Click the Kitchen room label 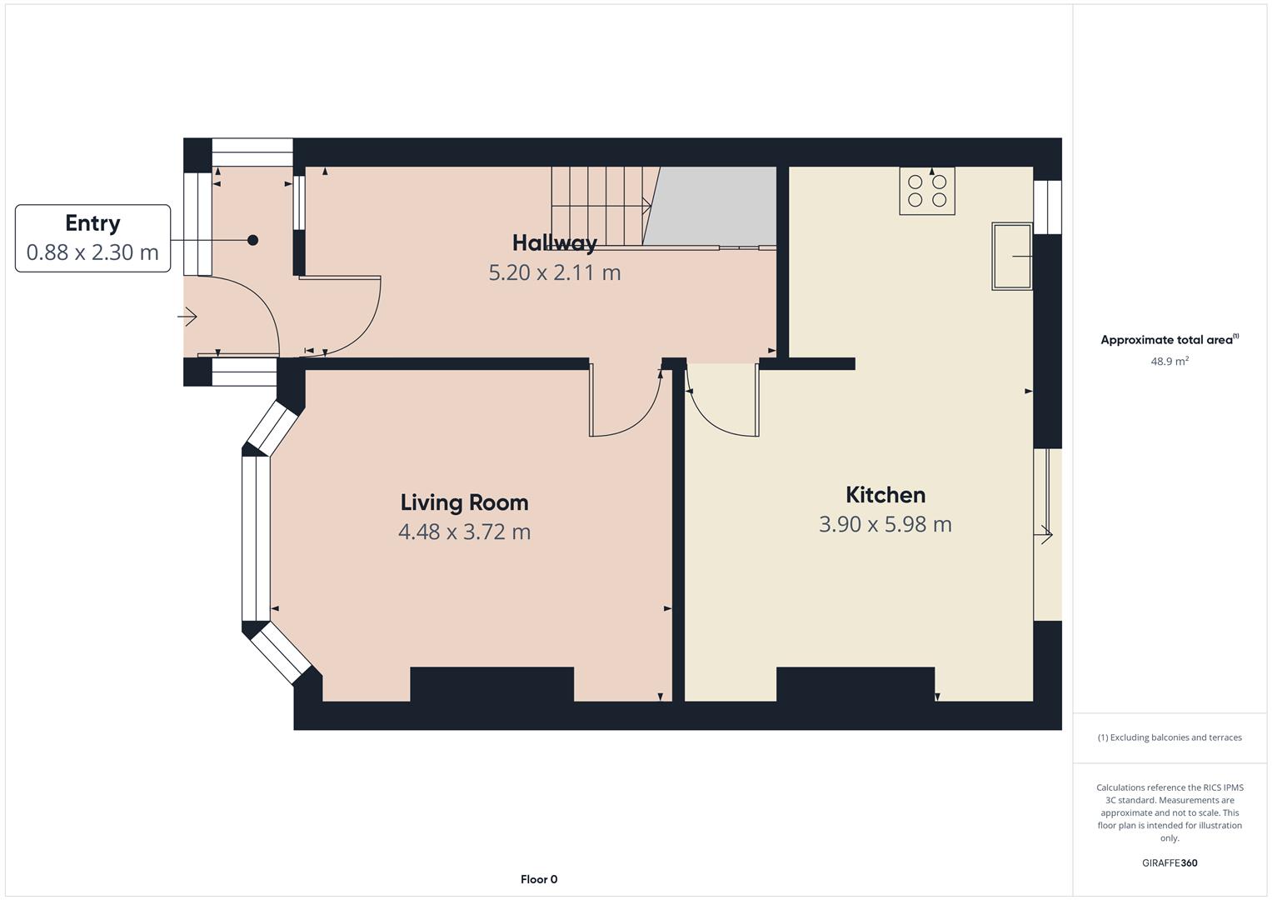pyautogui.click(x=885, y=495)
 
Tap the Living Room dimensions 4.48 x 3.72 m pyautogui.click(x=465, y=532)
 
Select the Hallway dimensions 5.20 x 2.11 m pyautogui.click(x=555, y=272)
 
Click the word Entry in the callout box pyautogui.click(x=92, y=223)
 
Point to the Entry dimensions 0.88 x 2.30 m pyautogui.click(x=92, y=252)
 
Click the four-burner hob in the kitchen pyautogui.click(x=927, y=191)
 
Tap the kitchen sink pyautogui.click(x=1012, y=257)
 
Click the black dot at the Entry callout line pyautogui.click(x=252, y=240)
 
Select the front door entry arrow pyautogui.click(x=187, y=317)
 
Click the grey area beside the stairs pyautogui.click(x=713, y=206)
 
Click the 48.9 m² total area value pyautogui.click(x=1170, y=362)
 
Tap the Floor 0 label pyautogui.click(x=539, y=879)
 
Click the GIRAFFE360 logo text pyautogui.click(x=1170, y=862)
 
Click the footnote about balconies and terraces pyautogui.click(x=1170, y=737)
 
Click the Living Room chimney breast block pyautogui.click(x=491, y=684)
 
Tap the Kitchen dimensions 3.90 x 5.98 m pyautogui.click(x=885, y=524)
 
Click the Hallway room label pyautogui.click(x=555, y=243)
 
